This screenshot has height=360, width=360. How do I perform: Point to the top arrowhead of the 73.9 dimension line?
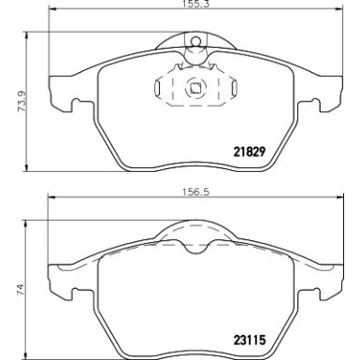coord(24,36)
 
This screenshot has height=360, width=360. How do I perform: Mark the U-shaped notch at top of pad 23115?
coord(194,247)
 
